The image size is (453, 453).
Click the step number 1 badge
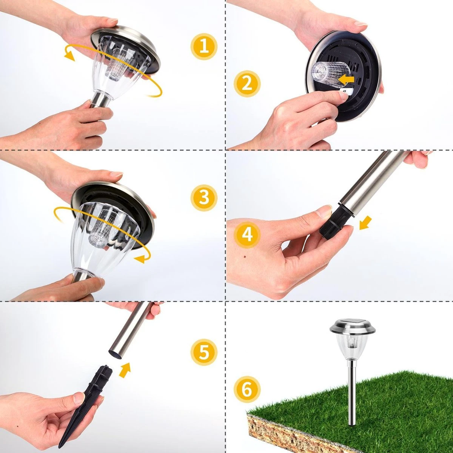tap(204, 47)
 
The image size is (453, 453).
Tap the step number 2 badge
tap(247, 84)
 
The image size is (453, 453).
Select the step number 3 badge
tap(204, 198)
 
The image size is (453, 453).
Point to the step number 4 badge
tap(247, 234)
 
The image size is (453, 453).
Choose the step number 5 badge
tap(204, 352)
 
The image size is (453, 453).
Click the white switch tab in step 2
tap(345, 92)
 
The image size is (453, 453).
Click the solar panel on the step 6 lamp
tap(352, 322)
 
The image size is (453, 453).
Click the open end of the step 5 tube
tap(115, 356)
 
